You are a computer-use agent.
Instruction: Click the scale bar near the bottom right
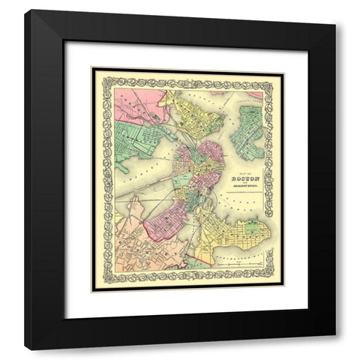coord(240,265)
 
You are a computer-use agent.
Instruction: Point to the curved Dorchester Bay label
coord(240,255)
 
